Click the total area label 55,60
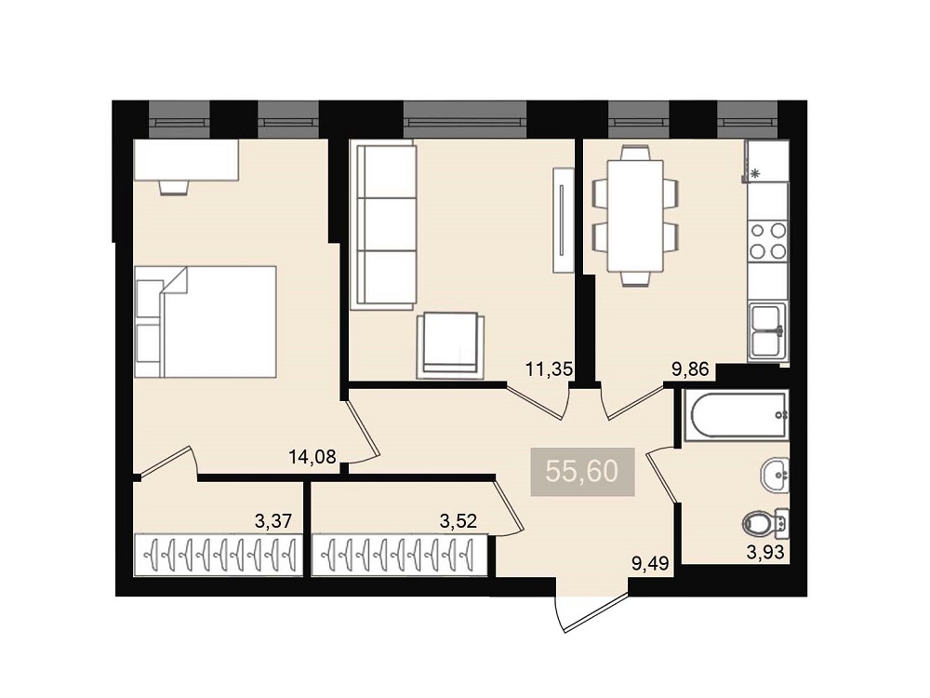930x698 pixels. coord(582,472)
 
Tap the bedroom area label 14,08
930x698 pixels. coord(312,456)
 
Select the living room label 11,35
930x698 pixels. coord(550,369)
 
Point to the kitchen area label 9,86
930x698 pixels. coord(690,369)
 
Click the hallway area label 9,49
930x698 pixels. coord(651,563)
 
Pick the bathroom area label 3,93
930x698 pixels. coord(765,553)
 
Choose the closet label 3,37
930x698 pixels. coord(273,522)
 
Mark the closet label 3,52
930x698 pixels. coord(458,522)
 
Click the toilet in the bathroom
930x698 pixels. coord(765,523)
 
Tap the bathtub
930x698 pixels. coord(736,415)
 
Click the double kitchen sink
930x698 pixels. coord(768,331)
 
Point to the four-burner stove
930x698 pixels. coord(768,241)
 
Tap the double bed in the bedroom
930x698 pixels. coord(206,322)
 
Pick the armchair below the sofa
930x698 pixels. coord(450,345)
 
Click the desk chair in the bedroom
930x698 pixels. coord(175,187)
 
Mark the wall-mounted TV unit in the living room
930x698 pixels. coord(563,221)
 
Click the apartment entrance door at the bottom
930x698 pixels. coord(593,612)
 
